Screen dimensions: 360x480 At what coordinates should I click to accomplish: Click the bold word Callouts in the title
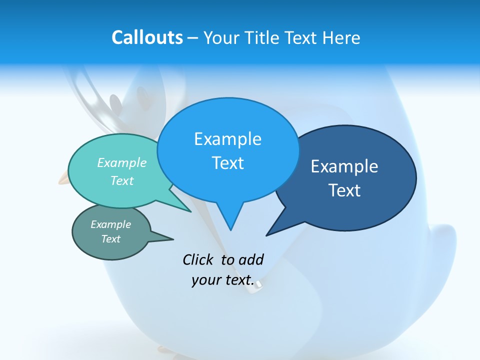coord(147,37)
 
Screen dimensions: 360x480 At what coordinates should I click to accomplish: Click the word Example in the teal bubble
coord(122,162)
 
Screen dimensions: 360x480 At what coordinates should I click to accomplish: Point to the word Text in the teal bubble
coord(122,180)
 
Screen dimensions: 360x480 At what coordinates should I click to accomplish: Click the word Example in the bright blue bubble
coord(227,139)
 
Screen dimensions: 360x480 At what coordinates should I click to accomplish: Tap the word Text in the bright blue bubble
coord(227,163)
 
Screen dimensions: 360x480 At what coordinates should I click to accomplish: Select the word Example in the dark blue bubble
coord(344,166)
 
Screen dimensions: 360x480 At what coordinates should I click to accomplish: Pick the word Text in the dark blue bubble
coord(344,190)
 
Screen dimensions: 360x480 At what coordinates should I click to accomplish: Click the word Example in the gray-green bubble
coord(111,224)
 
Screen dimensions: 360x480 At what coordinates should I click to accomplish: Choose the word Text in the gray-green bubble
coord(111,239)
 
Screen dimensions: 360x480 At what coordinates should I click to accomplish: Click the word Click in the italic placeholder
coord(198,259)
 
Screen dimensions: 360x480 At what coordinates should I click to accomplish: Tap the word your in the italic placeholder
coord(206,280)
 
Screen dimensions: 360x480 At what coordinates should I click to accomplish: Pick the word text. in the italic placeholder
coord(238,280)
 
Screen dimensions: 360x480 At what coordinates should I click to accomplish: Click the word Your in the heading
coord(221,37)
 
